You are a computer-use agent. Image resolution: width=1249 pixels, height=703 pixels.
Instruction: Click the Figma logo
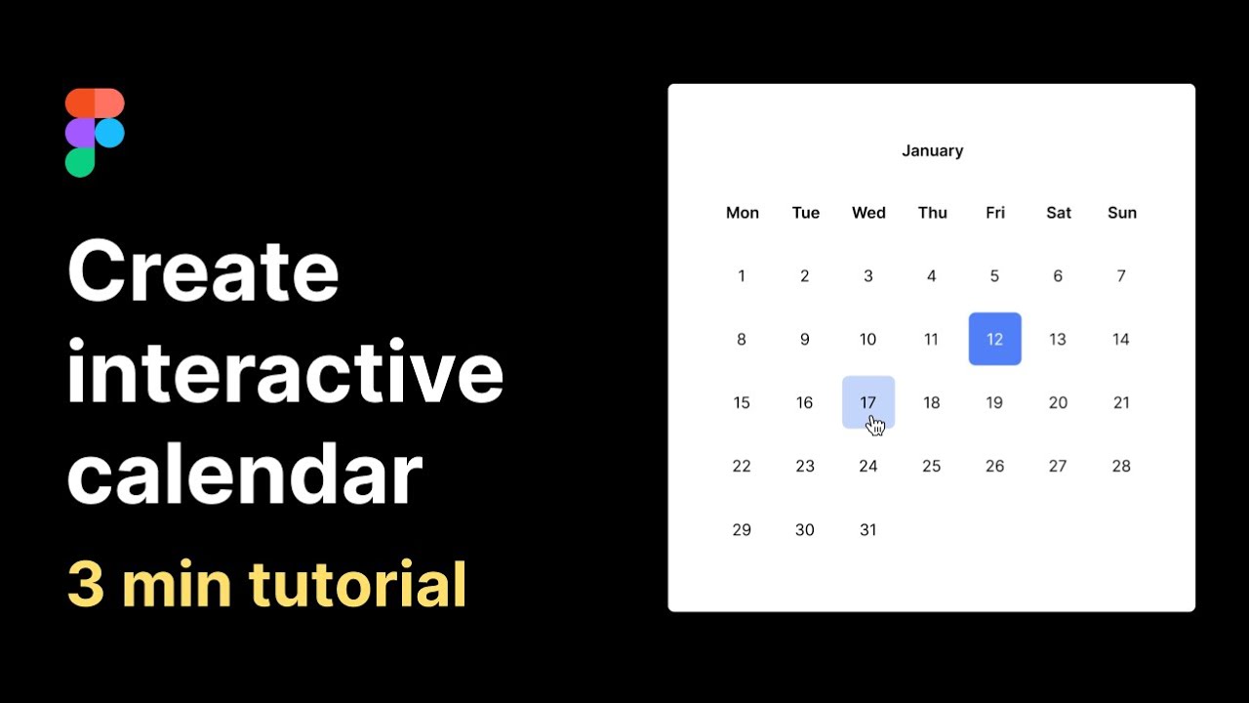(95, 133)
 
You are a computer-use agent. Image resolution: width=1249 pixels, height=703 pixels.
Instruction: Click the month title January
(932, 150)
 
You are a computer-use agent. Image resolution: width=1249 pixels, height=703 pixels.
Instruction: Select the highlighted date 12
(994, 339)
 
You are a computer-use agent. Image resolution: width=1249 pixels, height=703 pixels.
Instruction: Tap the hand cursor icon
(875, 425)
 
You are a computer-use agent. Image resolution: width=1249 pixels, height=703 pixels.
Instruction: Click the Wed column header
(868, 213)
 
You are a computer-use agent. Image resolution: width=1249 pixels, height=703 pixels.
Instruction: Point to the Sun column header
(1122, 213)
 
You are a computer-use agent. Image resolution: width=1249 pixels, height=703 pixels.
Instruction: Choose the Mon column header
(743, 213)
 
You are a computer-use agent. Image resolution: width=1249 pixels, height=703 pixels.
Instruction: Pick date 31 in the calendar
(867, 529)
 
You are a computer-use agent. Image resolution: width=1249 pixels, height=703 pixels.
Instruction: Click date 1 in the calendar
(742, 276)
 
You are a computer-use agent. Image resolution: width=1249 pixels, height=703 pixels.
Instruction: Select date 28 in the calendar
(1121, 466)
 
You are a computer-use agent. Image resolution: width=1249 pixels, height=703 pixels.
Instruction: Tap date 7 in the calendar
(1121, 276)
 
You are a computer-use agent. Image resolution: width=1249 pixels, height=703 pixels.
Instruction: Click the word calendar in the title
(244, 475)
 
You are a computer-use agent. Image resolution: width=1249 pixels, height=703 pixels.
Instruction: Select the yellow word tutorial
(357, 584)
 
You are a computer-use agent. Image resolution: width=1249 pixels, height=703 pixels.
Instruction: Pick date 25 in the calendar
(931, 466)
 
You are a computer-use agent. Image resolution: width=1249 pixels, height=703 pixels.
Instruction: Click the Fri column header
(994, 213)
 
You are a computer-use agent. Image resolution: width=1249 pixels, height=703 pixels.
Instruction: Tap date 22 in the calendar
(742, 466)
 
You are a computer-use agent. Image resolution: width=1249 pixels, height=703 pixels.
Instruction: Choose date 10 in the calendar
(867, 339)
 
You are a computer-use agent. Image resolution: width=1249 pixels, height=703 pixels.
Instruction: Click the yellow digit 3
(86, 584)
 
